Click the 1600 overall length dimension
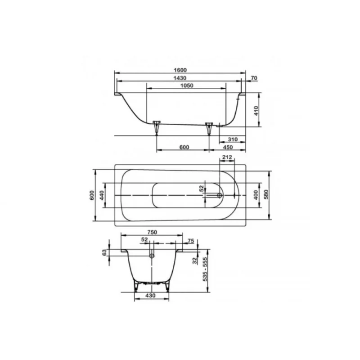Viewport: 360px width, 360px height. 180,70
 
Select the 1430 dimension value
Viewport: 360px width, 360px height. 180,78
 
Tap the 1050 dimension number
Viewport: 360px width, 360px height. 187,85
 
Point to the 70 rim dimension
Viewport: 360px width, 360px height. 254,78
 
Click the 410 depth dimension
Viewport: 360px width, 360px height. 256,111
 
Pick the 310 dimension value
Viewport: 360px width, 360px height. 233,139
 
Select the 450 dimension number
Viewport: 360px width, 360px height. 228,147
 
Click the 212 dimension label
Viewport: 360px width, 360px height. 227,157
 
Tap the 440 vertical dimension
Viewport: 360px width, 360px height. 102,195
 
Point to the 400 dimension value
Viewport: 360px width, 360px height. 256,195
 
